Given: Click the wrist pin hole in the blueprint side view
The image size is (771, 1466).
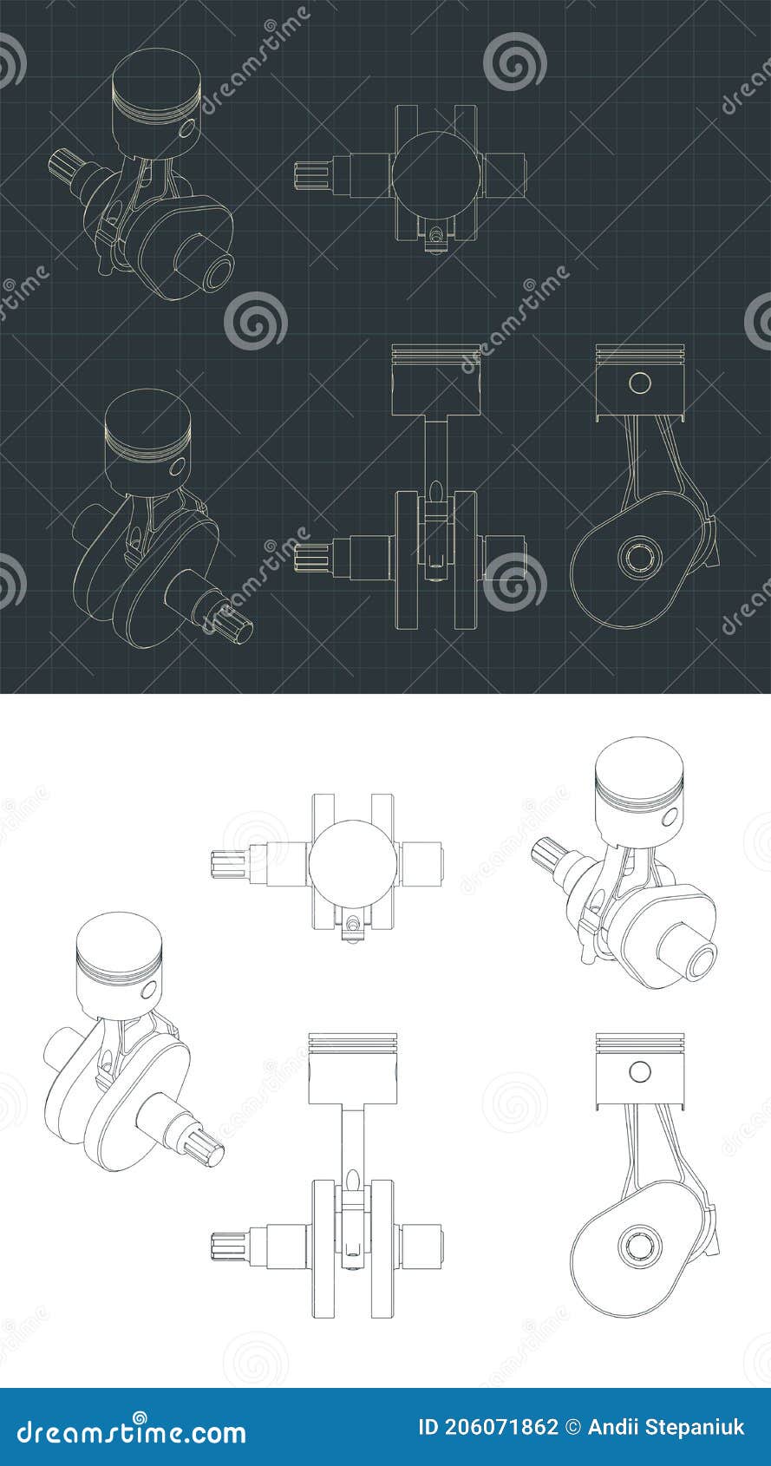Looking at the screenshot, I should tap(640, 383).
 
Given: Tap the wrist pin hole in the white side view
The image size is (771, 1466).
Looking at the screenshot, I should tap(640, 1072).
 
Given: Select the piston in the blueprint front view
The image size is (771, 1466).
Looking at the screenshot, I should tap(435, 382).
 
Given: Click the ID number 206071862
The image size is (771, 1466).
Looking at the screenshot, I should tap(509, 1427).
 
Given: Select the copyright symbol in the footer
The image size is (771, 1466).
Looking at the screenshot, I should tap(573, 1427).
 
